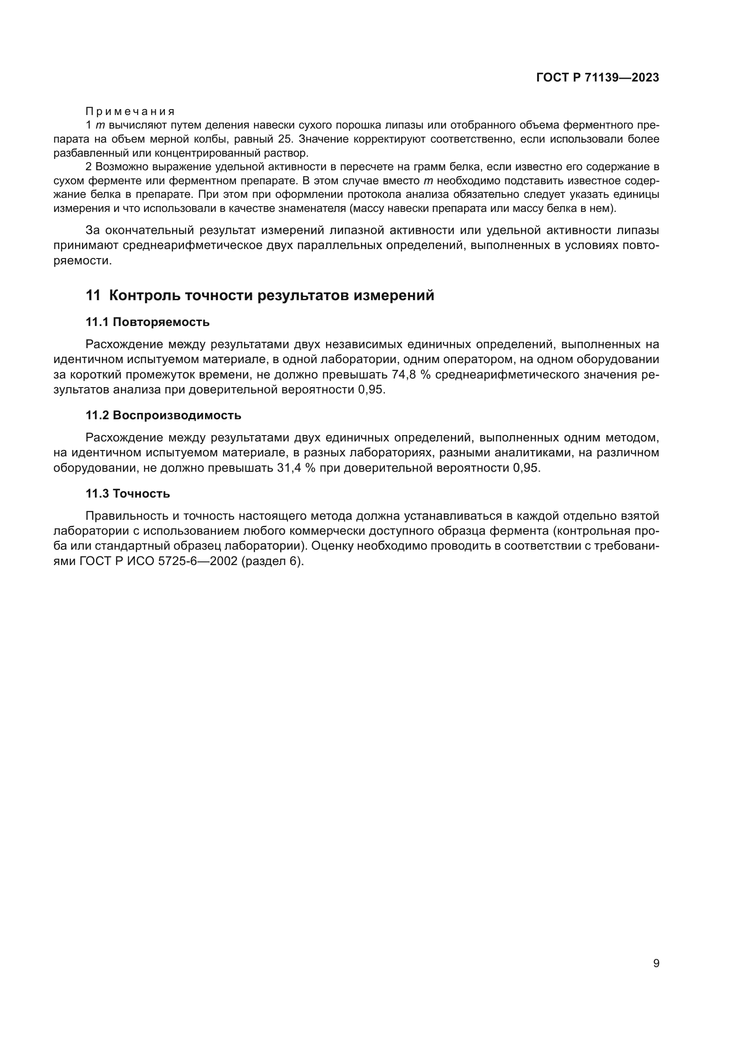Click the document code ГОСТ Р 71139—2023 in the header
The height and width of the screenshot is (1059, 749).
[598, 77]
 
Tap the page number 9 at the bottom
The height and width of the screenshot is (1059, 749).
[656, 963]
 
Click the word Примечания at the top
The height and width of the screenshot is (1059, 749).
[130, 111]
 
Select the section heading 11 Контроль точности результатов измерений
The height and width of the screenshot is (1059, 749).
[260, 295]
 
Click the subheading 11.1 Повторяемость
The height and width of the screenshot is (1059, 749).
[148, 322]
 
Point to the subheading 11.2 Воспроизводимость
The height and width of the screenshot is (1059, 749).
[163, 415]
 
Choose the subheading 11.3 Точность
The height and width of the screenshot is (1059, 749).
[128, 494]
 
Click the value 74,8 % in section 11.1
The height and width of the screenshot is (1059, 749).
[411, 374]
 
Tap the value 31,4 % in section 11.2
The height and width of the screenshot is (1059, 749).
[295, 468]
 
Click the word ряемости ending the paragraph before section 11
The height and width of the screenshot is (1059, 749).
[82, 261]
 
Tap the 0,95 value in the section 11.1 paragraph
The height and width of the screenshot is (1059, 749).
[370, 389]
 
